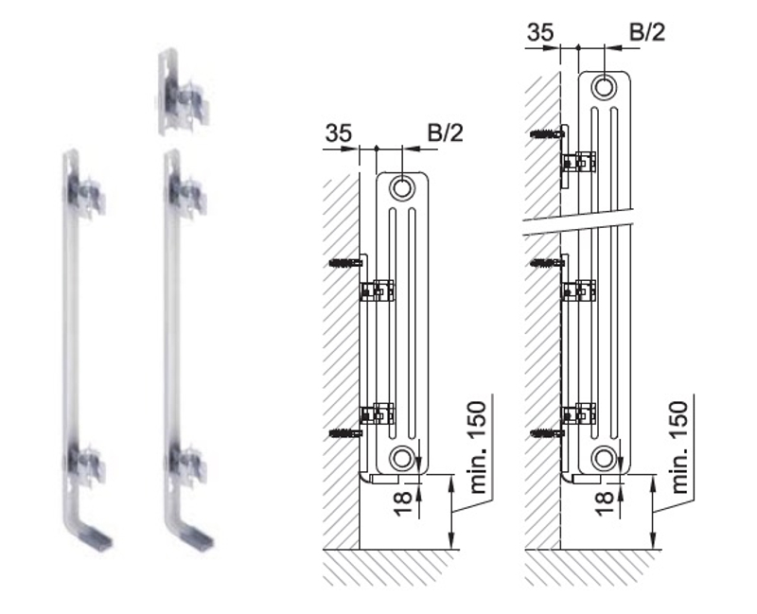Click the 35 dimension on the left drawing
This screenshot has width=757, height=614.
coord(339,132)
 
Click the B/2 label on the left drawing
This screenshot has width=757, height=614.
coord(445,132)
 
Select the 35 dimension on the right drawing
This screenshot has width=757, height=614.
coord(540,32)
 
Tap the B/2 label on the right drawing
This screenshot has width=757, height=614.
coord(647,32)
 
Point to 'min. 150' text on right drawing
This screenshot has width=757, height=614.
coord(678,447)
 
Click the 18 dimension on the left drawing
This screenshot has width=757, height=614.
coord(402,502)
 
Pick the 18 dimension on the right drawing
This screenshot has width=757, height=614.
coord(604,502)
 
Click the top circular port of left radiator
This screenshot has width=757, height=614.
coord(401,187)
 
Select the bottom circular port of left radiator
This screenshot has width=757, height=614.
coord(401,458)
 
